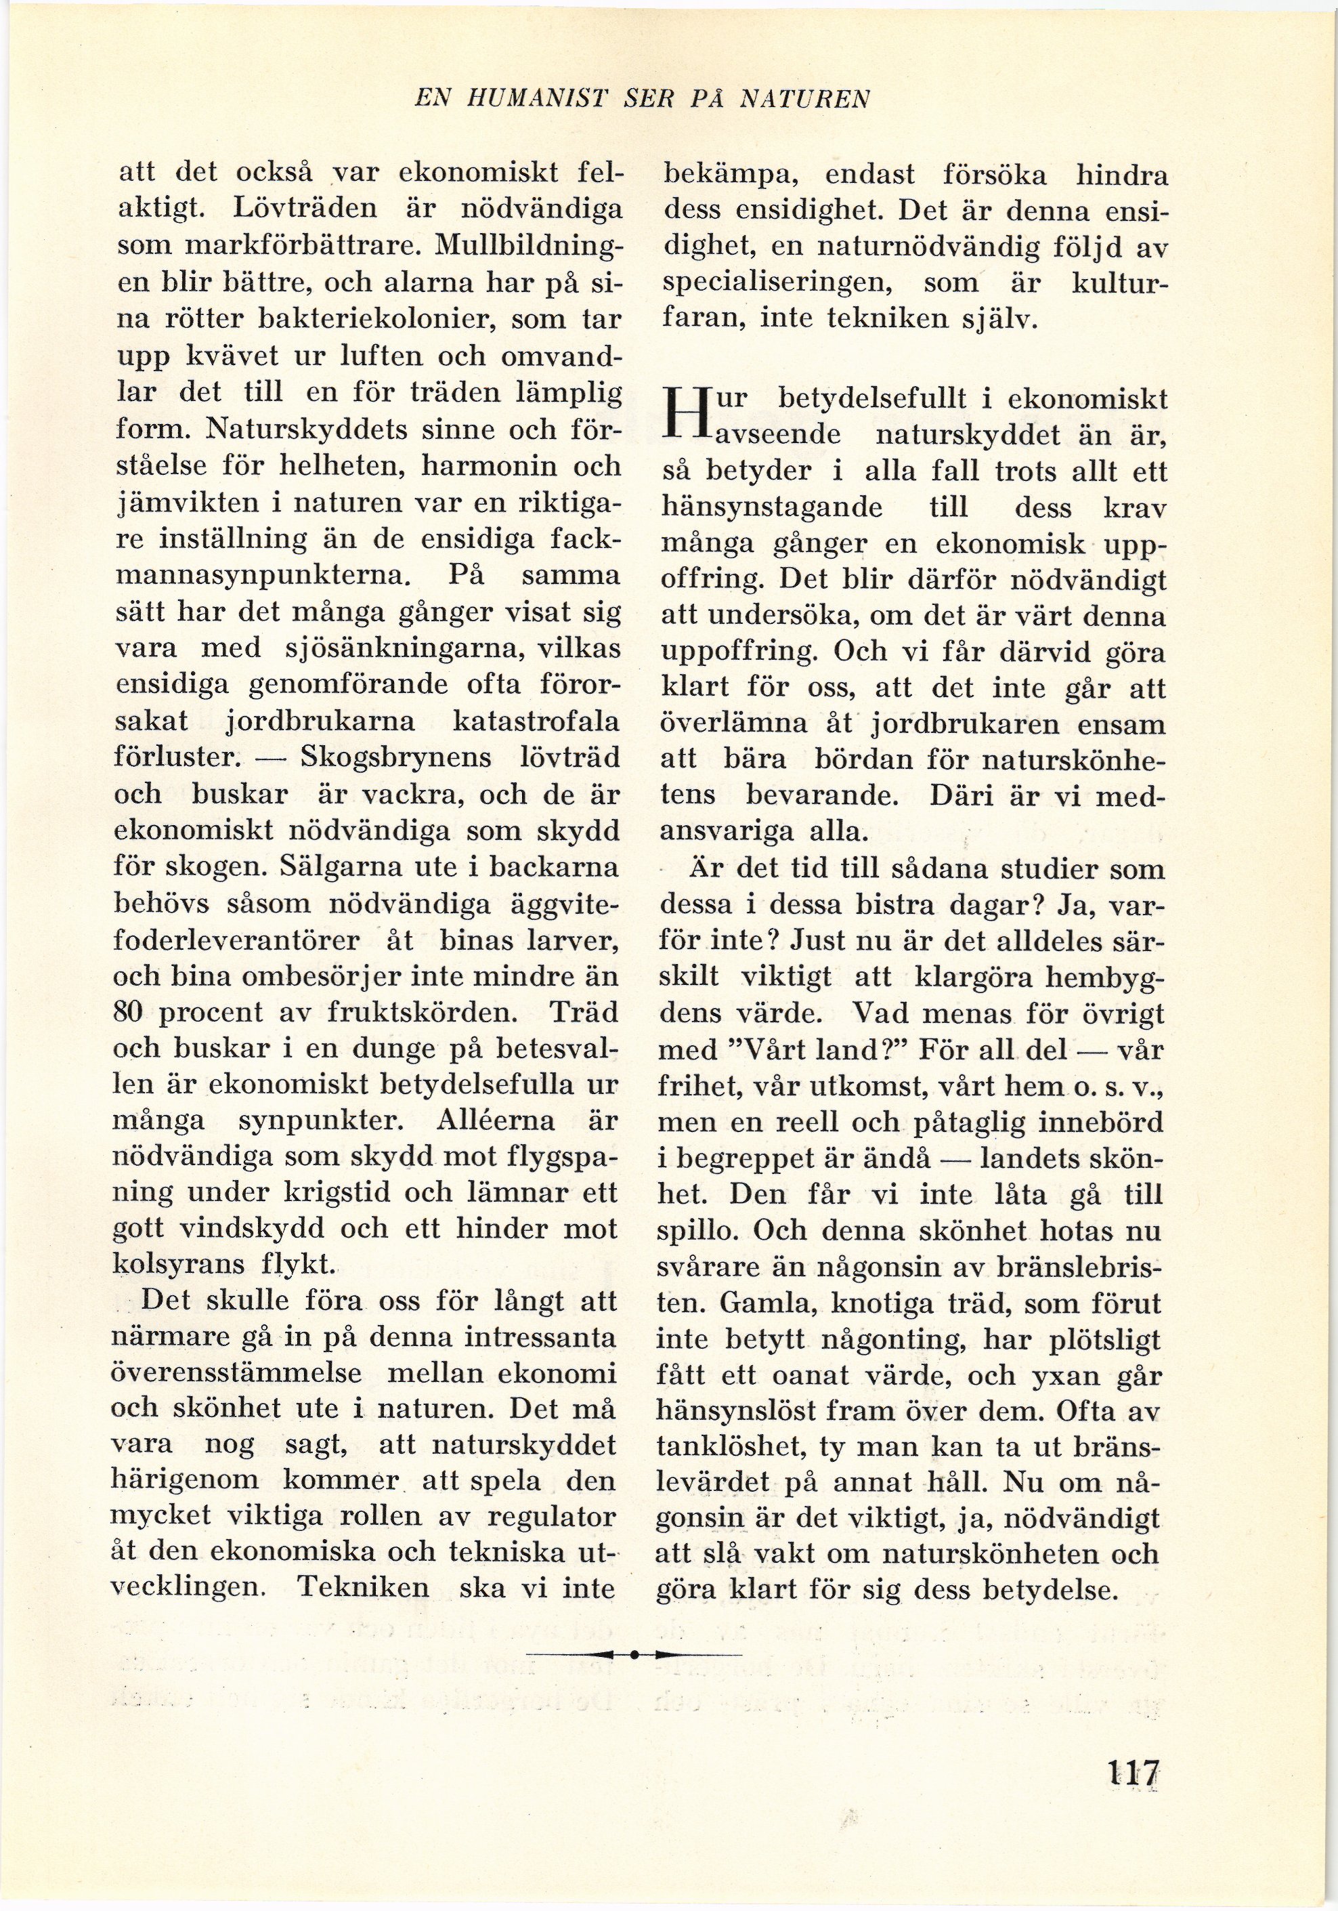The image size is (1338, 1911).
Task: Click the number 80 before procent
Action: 128,1013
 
